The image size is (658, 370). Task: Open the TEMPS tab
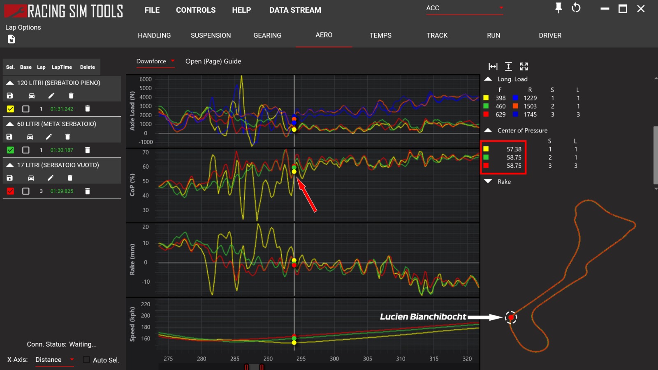[x=380, y=35]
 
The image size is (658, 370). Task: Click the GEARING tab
[x=267, y=35]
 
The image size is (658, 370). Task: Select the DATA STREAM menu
[x=295, y=10]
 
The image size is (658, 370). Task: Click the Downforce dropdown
[x=155, y=61]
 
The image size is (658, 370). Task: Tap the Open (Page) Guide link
[x=213, y=61]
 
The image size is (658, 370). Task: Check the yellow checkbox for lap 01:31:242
[x=11, y=109]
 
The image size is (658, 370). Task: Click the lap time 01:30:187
[x=62, y=150]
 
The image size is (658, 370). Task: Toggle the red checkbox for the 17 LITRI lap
[x=11, y=191]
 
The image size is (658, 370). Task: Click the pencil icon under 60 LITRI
[x=49, y=137]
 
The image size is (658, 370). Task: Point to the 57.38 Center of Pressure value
[x=514, y=149]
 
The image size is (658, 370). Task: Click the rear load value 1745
[x=530, y=115]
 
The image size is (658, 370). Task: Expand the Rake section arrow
[x=488, y=181]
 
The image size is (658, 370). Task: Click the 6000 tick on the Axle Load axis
[x=146, y=79]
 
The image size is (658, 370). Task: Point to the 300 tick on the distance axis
[x=334, y=359]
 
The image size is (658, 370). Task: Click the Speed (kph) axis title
[x=132, y=324]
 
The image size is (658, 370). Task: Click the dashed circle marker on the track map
[x=511, y=317]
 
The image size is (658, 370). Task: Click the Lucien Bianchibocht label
[x=423, y=317]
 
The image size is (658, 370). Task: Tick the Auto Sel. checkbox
[x=86, y=360]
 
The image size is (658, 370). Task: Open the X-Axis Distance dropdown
[x=54, y=360]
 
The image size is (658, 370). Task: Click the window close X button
[x=641, y=9]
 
